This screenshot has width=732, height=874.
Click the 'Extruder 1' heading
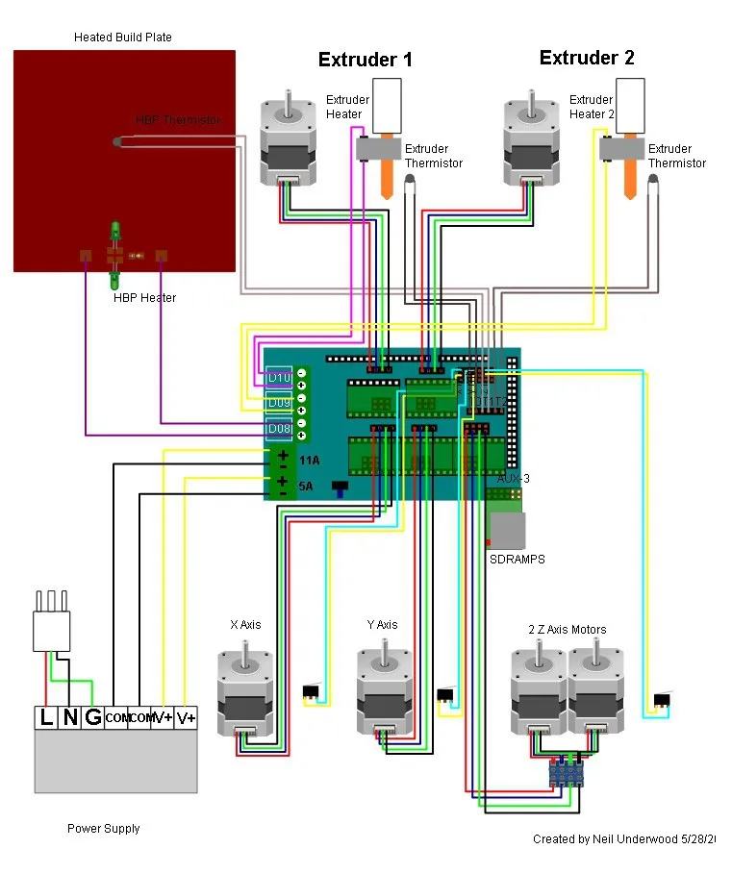(x=365, y=60)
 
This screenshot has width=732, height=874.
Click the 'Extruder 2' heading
(x=587, y=58)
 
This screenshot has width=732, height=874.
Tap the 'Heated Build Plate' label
(x=123, y=37)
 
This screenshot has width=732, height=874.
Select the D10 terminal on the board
(x=279, y=376)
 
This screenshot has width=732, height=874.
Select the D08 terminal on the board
(x=279, y=428)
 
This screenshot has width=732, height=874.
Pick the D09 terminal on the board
(x=279, y=402)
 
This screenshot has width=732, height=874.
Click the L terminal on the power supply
(x=45, y=717)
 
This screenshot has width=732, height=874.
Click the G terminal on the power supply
(x=93, y=717)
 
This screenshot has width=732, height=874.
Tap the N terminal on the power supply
(x=69, y=717)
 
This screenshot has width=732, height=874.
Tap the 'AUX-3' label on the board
(x=513, y=478)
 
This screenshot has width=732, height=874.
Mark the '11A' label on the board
(x=310, y=462)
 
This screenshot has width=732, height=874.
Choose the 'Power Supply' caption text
(x=103, y=829)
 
